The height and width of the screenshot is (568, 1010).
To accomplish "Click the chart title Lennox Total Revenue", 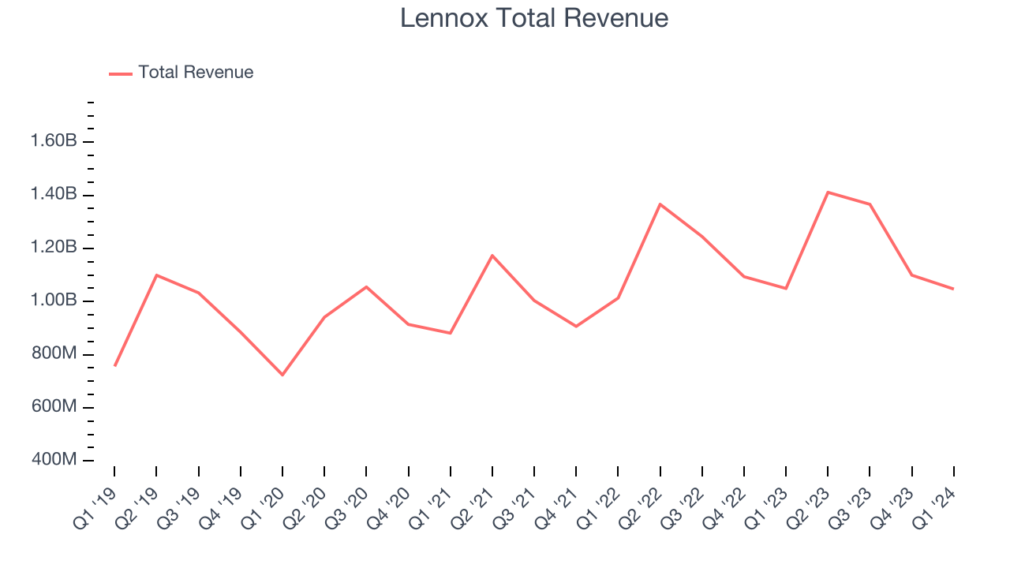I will pyautogui.click(x=534, y=18).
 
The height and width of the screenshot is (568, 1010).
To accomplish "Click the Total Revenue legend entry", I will pyautogui.click(x=195, y=73).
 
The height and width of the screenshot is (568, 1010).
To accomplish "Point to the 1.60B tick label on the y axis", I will pyautogui.click(x=54, y=141).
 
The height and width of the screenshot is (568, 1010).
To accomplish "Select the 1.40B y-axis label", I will pyautogui.click(x=54, y=194).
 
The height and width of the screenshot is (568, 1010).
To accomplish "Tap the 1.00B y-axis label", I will pyautogui.click(x=54, y=301).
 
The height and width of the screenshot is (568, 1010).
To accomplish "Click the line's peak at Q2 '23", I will pyautogui.click(x=828, y=192).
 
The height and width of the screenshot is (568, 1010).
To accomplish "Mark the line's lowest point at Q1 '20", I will pyautogui.click(x=282, y=375).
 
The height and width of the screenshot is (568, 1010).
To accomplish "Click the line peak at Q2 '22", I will pyautogui.click(x=660, y=204).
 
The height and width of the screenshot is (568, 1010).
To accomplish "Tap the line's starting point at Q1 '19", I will pyautogui.click(x=114, y=365).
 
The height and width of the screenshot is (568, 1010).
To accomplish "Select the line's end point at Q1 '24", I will pyautogui.click(x=953, y=289).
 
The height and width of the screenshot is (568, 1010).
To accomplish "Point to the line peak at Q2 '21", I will pyautogui.click(x=492, y=256).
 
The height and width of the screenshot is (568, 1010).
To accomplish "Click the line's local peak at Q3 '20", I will pyautogui.click(x=366, y=286).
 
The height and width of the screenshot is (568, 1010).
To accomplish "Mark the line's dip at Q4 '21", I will pyautogui.click(x=576, y=326).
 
